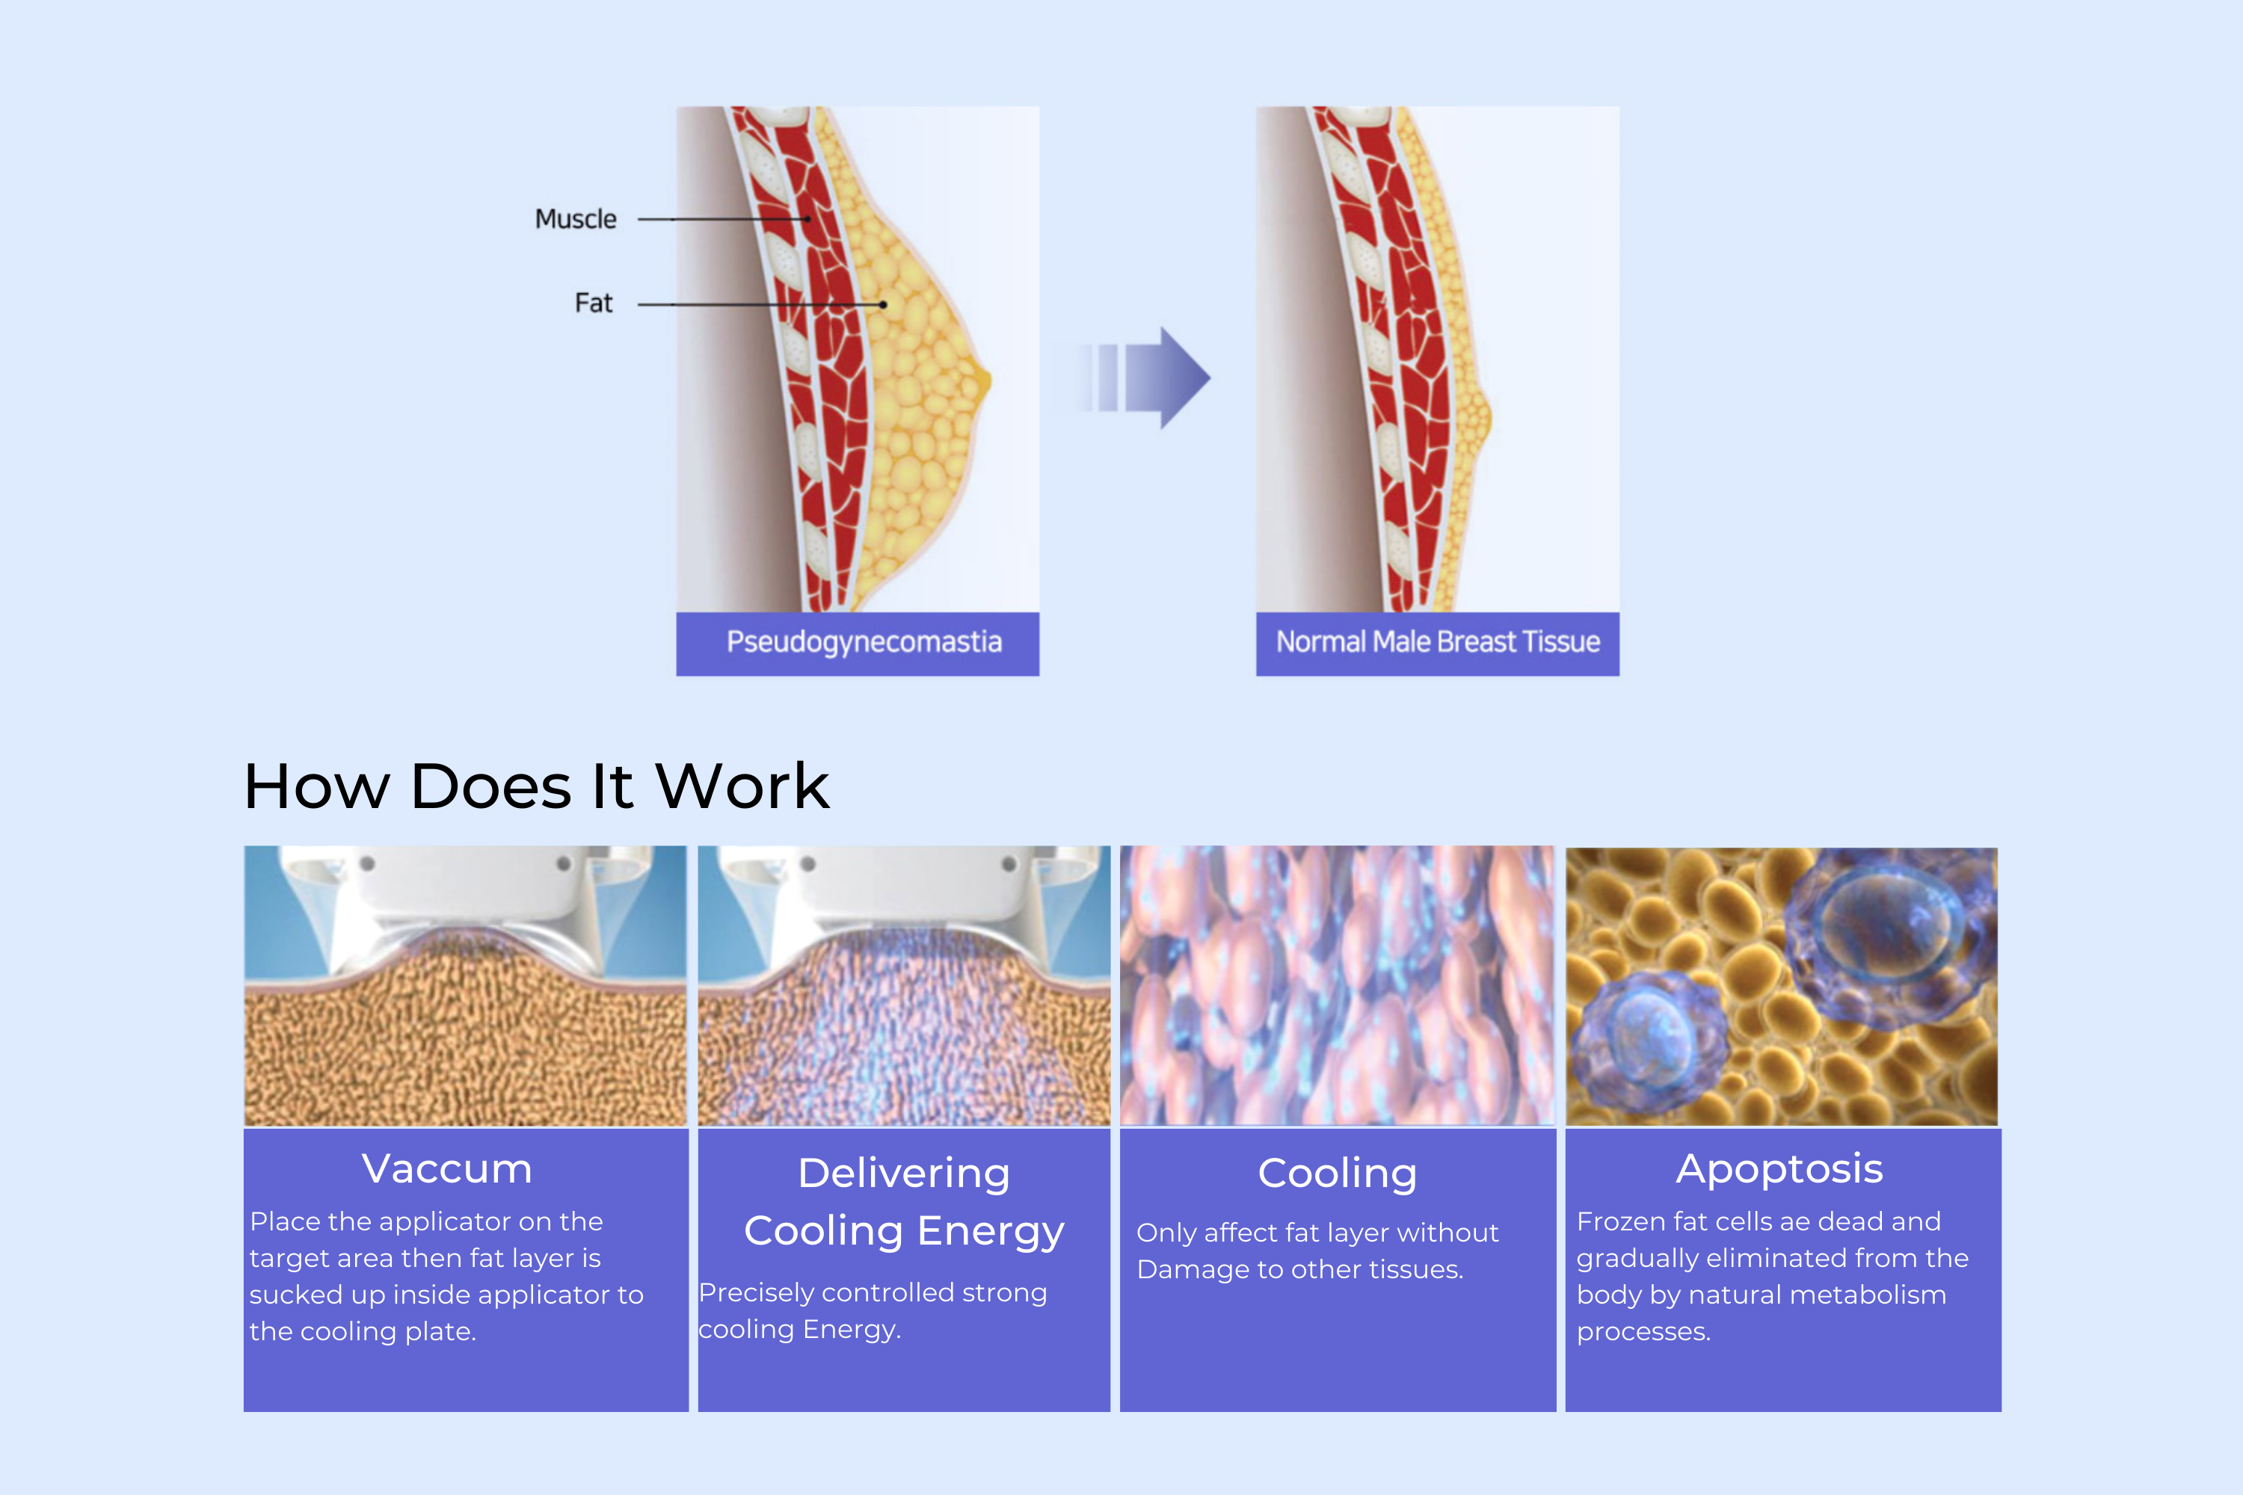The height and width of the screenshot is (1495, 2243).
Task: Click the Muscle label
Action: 575,219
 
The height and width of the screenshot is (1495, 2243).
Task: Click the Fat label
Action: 593,303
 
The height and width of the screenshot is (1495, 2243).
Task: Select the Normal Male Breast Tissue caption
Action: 1437,641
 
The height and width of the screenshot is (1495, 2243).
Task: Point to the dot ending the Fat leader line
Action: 883,304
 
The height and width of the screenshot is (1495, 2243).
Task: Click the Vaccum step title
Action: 447,1169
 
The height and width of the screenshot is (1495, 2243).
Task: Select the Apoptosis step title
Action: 1779,1170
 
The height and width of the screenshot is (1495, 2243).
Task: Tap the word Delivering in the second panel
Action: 904,1174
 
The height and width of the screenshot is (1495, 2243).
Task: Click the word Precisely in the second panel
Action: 755,1293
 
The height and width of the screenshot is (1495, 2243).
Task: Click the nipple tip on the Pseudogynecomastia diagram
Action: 989,382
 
